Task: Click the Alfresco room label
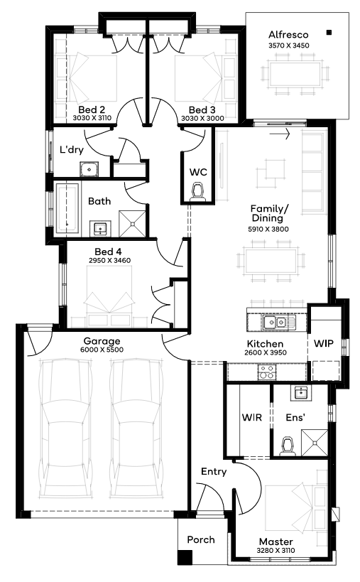click(288, 35)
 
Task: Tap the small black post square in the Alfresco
click(329, 33)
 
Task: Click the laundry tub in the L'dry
click(89, 169)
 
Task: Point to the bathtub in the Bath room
click(67, 209)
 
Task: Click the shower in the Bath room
click(132, 223)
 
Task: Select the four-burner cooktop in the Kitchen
click(267, 372)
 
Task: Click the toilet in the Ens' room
click(288, 446)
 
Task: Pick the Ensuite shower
click(315, 443)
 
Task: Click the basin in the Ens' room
click(300, 392)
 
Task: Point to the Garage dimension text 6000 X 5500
click(102, 350)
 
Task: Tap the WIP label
click(324, 343)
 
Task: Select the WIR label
click(252, 418)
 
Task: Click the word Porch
click(201, 539)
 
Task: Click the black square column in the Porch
click(185, 558)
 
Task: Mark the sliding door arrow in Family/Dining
click(280, 134)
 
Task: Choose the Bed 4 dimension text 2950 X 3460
click(110, 261)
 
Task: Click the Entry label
click(214, 472)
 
